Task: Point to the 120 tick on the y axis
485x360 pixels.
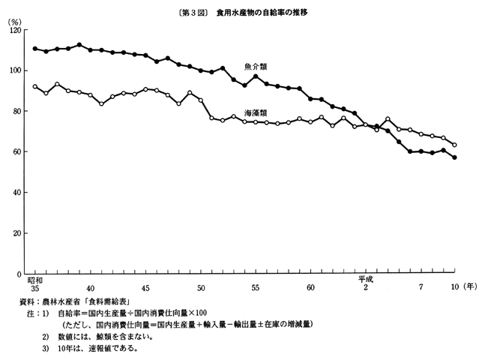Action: coord(14,30)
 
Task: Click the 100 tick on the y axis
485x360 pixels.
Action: coord(14,70)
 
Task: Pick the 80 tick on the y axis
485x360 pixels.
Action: coord(16,111)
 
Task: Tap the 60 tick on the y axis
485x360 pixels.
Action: coord(16,152)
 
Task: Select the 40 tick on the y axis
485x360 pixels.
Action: coord(16,193)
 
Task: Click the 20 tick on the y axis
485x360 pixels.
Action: coord(16,234)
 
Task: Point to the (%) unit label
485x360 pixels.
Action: coord(14,20)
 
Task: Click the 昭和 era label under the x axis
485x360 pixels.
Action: coord(35,279)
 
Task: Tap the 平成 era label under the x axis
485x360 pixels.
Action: coord(365,279)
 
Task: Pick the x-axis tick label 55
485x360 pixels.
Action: coord(256,288)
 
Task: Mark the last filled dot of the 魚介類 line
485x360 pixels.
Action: coord(454,157)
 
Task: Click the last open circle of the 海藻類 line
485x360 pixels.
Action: coord(454,145)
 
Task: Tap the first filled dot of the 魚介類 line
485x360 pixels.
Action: coord(35,49)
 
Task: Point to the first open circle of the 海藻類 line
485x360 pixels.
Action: coord(35,86)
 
